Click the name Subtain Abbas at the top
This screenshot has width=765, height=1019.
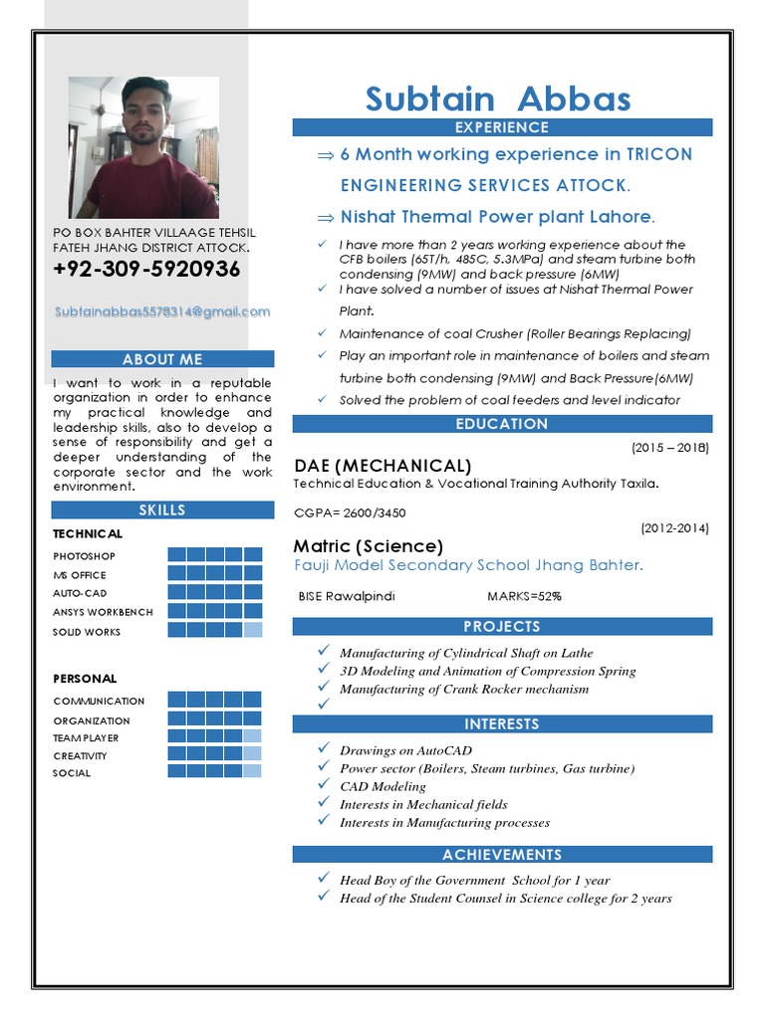(x=498, y=100)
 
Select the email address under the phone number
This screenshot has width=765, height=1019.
(x=162, y=311)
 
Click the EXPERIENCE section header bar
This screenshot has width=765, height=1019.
(x=502, y=127)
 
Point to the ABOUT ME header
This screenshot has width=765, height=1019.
(x=162, y=359)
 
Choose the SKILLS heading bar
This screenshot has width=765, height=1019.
(x=162, y=510)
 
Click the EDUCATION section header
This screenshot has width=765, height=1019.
(x=502, y=424)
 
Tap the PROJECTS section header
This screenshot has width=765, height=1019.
(x=502, y=627)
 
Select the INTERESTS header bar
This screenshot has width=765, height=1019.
(x=502, y=724)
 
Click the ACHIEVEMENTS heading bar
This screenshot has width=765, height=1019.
(x=502, y=855)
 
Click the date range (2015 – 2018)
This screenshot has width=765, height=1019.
(x=670, y=448)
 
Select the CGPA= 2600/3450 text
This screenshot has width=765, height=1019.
(x=350, y=513)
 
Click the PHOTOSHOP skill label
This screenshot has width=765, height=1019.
(x=85, y=556)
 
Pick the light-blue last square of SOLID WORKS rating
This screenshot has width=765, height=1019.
(x=253, y=630)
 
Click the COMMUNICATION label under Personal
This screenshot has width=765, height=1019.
(x=99, y=702)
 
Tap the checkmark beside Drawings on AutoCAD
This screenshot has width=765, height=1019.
(x=324, y=748)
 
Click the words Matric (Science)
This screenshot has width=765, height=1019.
(x=369, y=546)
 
